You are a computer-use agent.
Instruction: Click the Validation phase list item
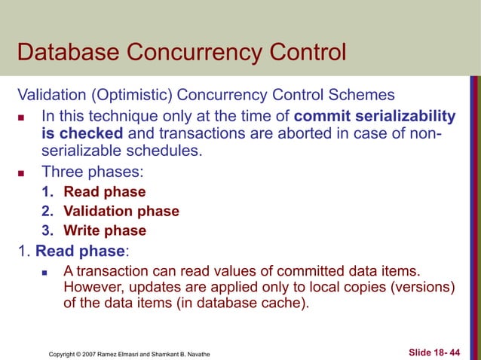[121, 212]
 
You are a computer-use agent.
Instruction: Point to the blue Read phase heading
[78, 252]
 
